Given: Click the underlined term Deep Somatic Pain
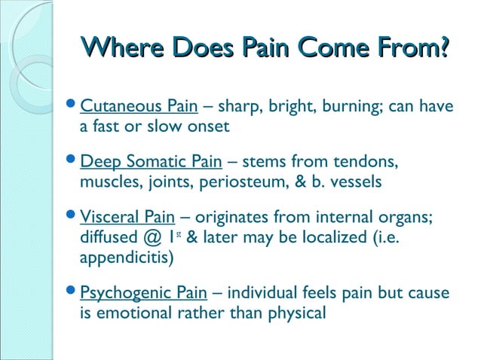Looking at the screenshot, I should tap(151, 161).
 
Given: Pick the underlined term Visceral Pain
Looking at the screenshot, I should tap(121, 217).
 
